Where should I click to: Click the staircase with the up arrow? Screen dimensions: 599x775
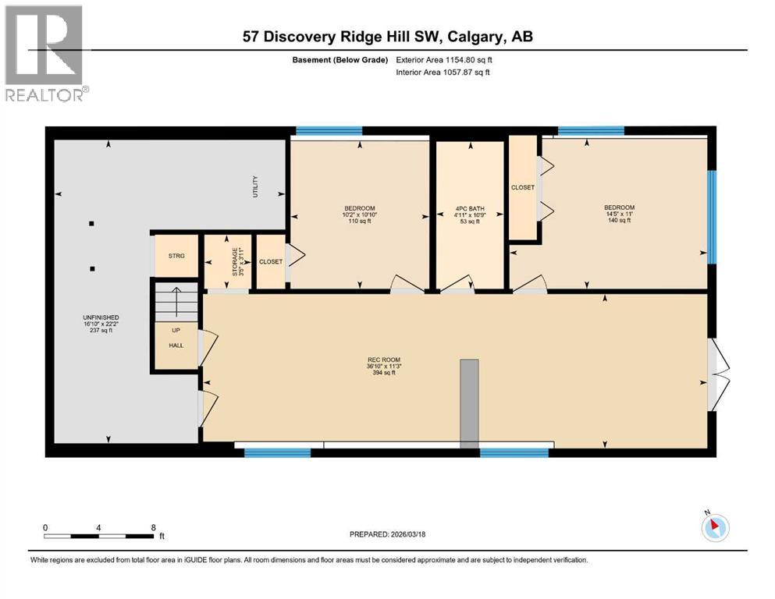tap(176, 302)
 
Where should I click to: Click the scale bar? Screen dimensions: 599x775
tap(98, 536)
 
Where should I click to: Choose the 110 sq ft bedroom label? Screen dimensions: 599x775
tap(359, 214)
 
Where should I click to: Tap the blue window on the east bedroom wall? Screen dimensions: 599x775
tap(711, 216)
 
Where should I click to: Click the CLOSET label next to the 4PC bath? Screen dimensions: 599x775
tap(523, 188)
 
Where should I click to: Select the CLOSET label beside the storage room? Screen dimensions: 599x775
tap(271, 262)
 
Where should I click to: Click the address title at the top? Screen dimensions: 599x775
tap(387, 37)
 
